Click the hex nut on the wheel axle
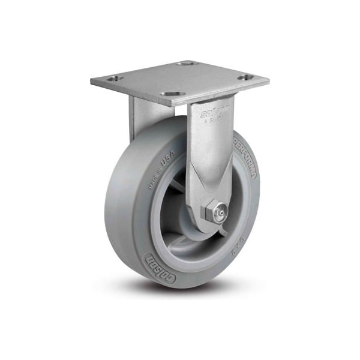coord(212,213)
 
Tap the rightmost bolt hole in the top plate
coord(245,77)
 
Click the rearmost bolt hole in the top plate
coord(188,62)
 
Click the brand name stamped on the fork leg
coord(205,112)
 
